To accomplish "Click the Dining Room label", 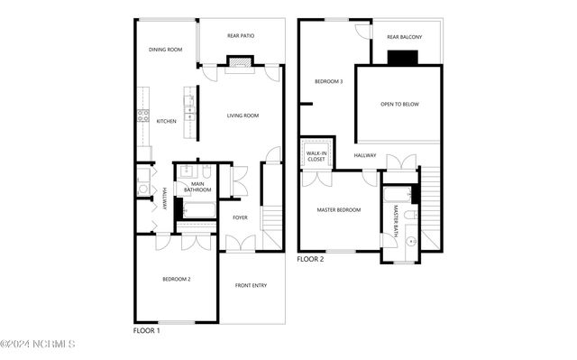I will click(x=166, y=50).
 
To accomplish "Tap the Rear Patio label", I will click(x=240, y=36).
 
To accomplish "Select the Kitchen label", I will click(x=167, y=121).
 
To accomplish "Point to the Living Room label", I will click(x=243, y=115).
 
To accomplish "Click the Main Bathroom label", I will click(x=197, y=187).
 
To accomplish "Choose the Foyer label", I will click(x=240, y=217).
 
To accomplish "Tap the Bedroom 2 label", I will click(x=176, y=279).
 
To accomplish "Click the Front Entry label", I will click(x=252, y=285).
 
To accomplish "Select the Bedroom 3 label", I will click(x=328, y=81).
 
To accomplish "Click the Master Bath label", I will click(x=396, y=222).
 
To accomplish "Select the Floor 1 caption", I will click(x=146, y=331).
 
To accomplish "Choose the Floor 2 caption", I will click(x=310, y=259).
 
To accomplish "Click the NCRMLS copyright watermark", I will click(x=38, y=344).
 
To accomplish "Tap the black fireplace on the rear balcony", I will click(x=399, y=58).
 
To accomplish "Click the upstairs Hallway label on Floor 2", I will click(x=365, y=155).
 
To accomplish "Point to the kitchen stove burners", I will click(x=142, y=115).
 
